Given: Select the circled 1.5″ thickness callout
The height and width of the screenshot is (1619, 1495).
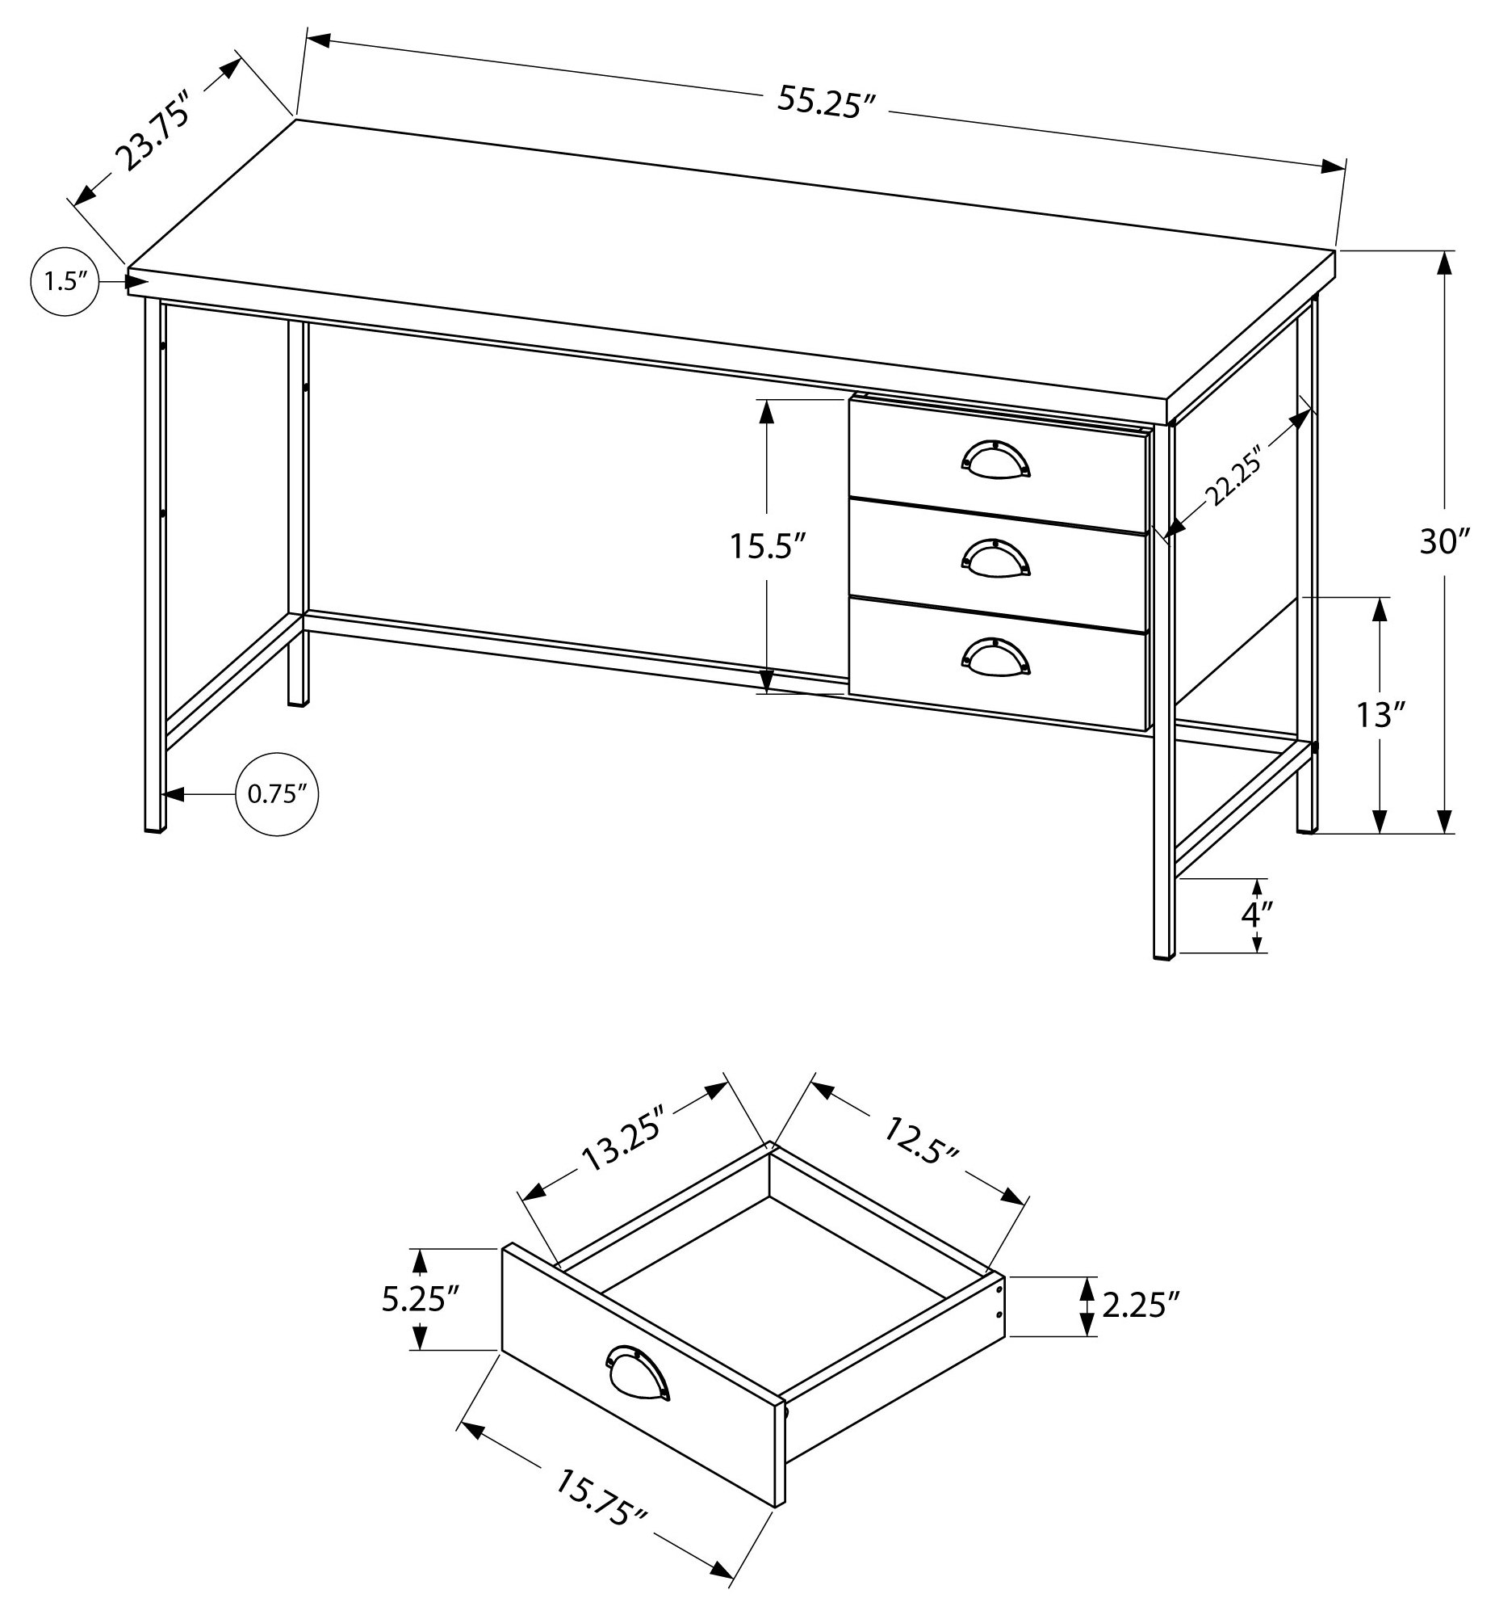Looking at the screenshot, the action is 65,282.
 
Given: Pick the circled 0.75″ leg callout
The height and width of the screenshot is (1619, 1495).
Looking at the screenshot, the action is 278,794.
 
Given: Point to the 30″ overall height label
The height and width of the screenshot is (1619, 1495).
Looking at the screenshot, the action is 1444,541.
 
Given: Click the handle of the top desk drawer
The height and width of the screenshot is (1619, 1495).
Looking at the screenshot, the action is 996,457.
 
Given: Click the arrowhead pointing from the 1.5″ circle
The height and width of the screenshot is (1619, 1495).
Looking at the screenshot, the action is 136,282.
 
